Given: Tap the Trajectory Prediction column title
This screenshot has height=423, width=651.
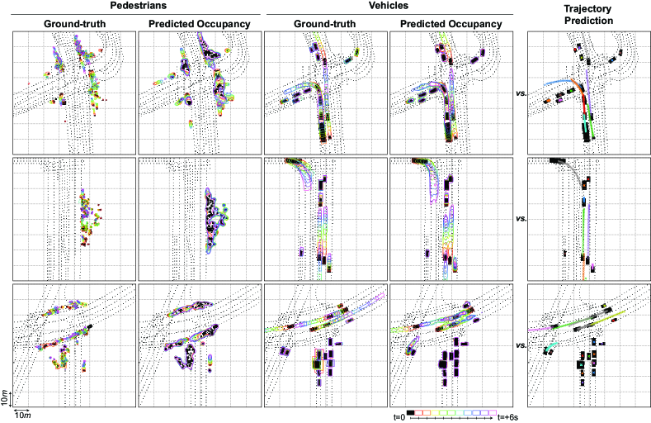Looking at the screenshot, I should click(x=587, y=12).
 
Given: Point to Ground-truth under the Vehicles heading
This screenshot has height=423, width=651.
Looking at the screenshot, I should click(x=324, y=23).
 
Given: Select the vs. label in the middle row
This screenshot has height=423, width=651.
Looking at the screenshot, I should click(x=521, y=219).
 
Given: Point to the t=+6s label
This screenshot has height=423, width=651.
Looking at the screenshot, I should click(x=512, y=417).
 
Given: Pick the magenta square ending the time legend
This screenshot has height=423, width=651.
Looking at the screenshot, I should click(x=493, y=411).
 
